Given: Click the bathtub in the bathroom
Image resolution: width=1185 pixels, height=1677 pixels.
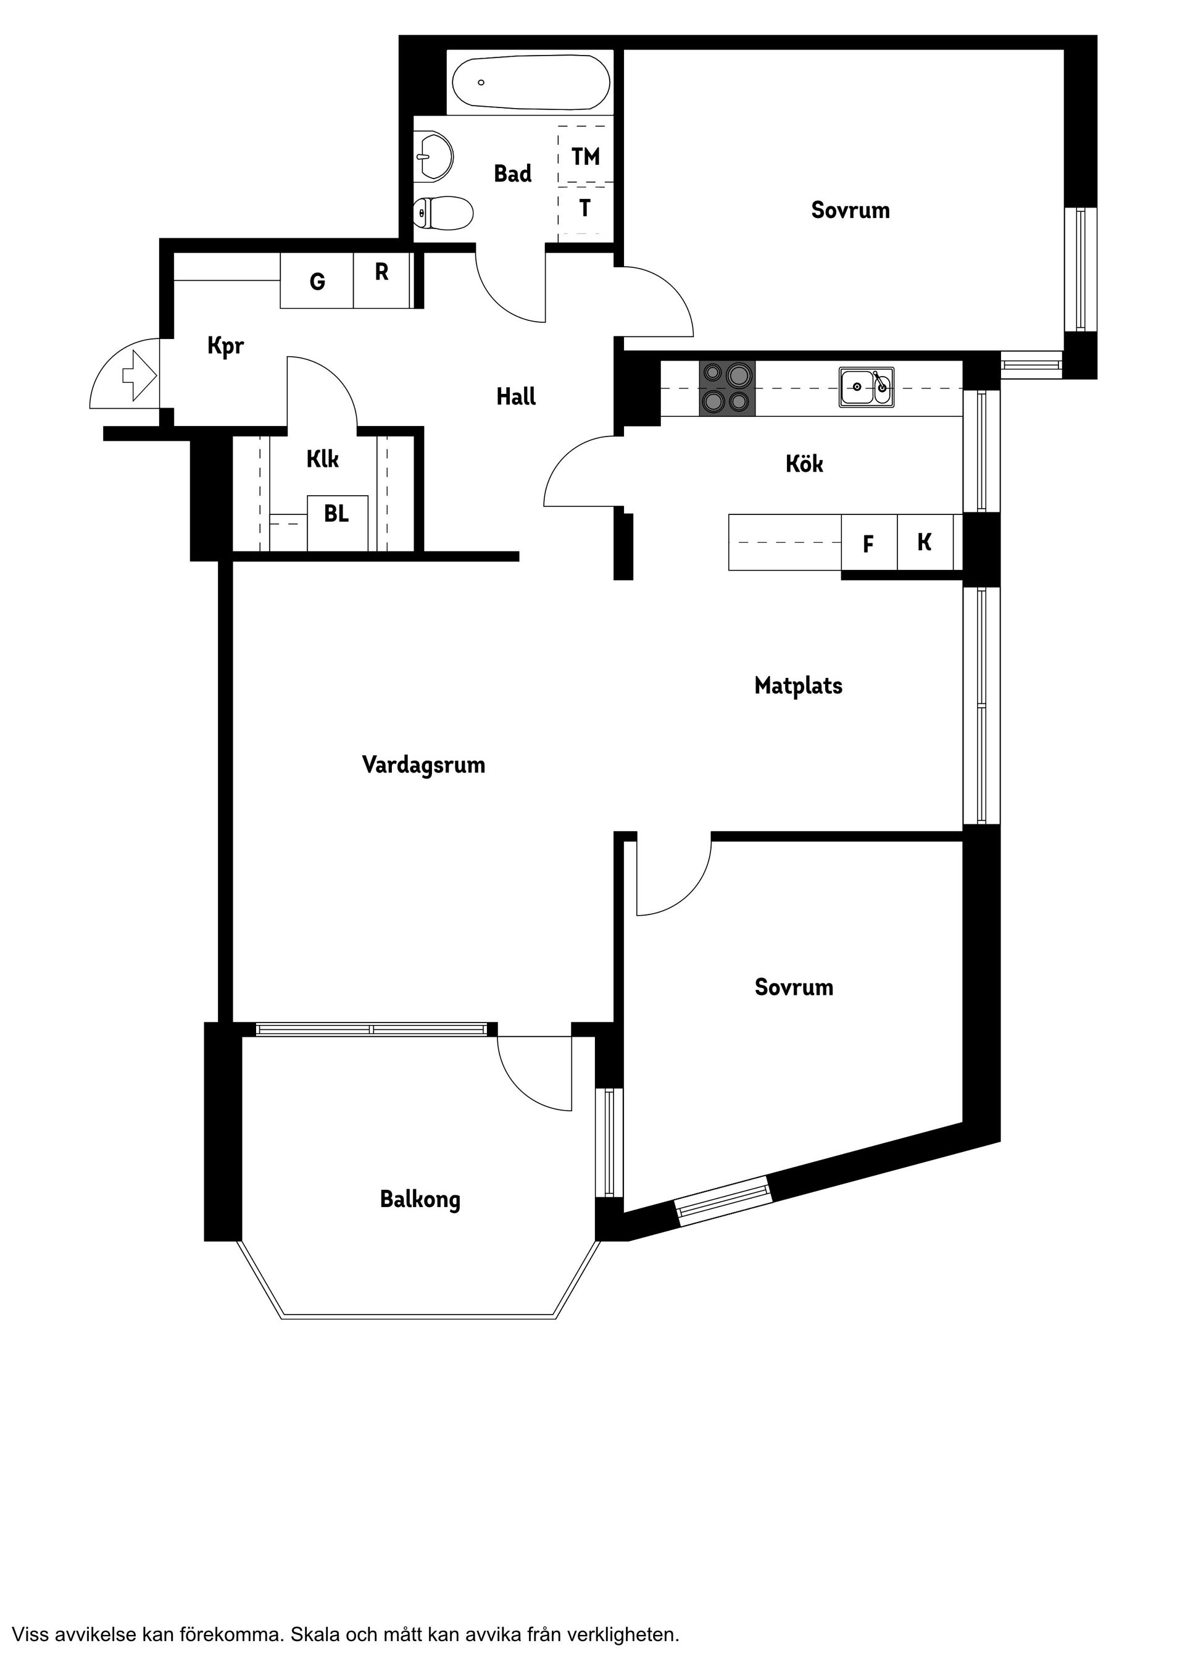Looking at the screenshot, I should pos(531,83).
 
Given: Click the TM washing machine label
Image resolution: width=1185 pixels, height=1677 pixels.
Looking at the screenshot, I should pos(586,156).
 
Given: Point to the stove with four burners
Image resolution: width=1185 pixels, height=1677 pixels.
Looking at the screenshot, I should pos(726,388).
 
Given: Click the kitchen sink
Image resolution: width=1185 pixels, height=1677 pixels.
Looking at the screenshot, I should pos(866,387).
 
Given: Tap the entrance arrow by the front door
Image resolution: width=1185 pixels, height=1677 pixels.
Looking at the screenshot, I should pos(139,375).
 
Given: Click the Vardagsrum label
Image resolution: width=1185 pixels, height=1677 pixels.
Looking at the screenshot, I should pos(423,766).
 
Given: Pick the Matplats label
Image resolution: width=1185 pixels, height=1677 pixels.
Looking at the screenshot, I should pos(798,686).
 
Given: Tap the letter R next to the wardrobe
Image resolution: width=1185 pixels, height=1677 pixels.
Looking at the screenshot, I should pos(381,272).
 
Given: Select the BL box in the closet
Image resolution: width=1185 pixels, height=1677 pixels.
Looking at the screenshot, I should pos(336,515).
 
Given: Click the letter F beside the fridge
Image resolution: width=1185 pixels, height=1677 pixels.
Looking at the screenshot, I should pos(868,544).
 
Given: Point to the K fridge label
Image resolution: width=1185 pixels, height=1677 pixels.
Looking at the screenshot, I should pos(925,542).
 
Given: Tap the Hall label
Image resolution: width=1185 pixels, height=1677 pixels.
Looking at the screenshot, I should pos(515,396).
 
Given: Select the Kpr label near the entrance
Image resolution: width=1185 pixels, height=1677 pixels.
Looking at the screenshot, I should pos(226,346).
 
